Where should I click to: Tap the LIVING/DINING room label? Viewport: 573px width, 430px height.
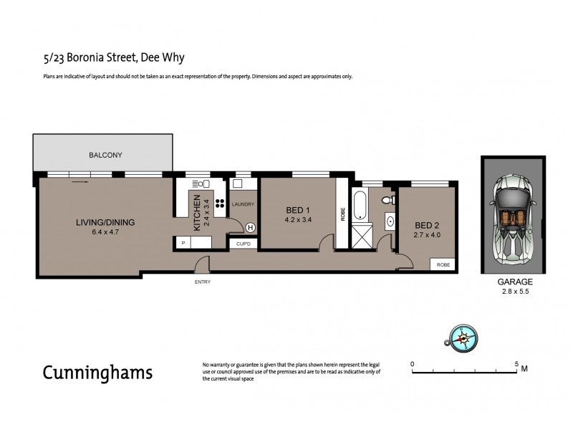tap(105, 222)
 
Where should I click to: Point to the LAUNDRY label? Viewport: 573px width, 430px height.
tap(244, 205)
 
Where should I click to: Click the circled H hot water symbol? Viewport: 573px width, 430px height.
tap(250, 228)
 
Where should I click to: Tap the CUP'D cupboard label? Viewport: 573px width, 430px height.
tap(243, 244)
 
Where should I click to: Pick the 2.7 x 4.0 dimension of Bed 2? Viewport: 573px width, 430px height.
tap(425, 234)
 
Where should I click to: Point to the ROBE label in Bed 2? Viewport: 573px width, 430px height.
tap(443, 264)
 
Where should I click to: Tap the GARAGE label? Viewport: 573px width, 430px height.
tap(511, 283)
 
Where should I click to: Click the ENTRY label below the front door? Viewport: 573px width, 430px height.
tap(203, 282)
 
